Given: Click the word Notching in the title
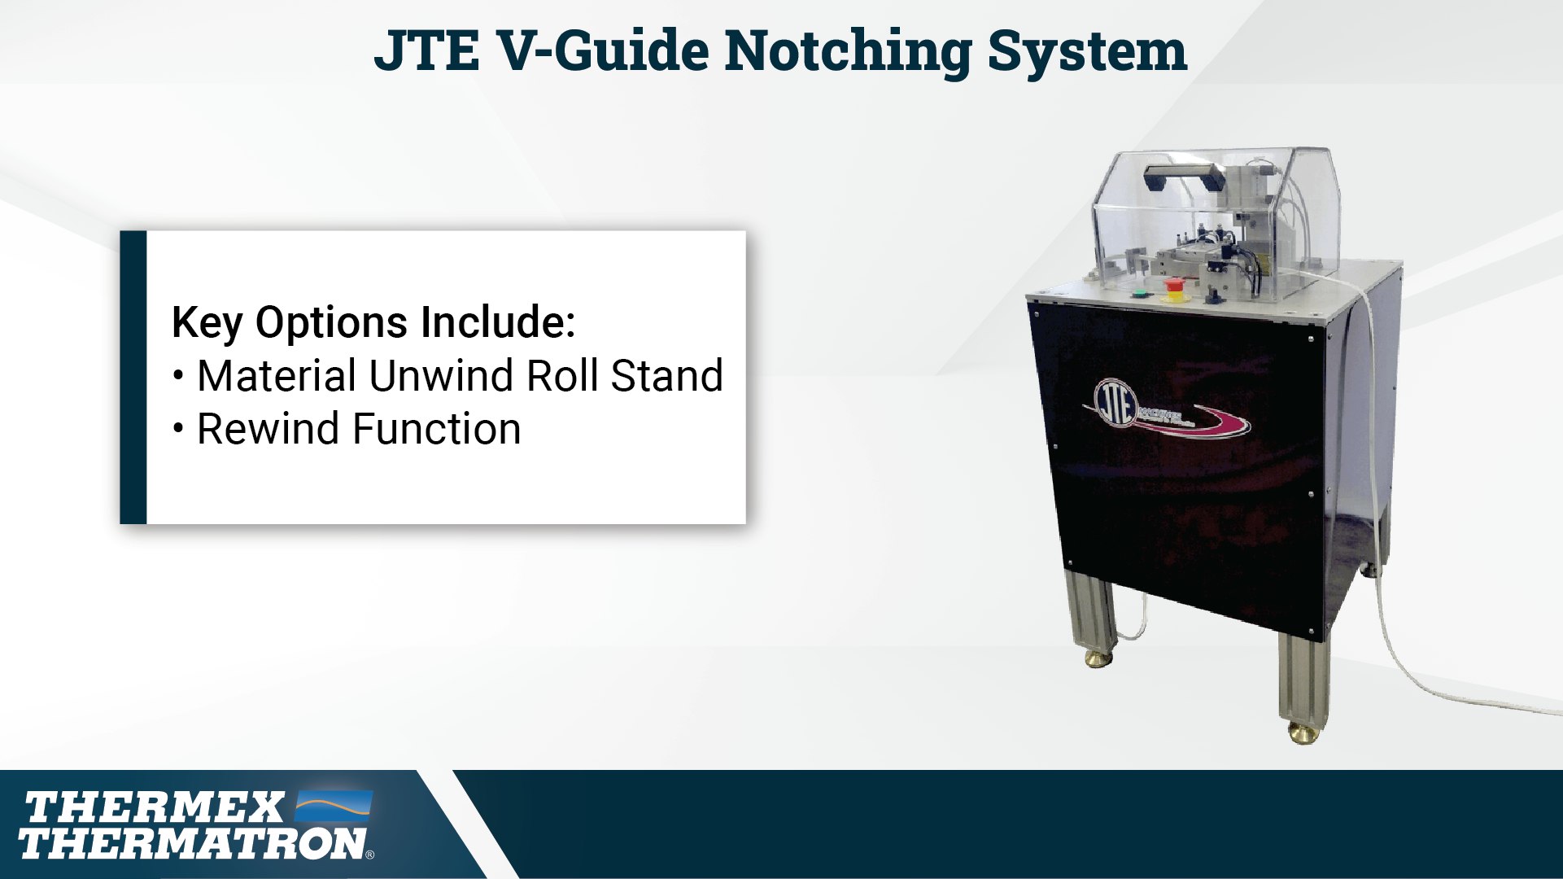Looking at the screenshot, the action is click(848, 51).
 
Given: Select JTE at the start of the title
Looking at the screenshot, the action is click(426, 50).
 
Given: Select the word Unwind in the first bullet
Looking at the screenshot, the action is click(443, 376).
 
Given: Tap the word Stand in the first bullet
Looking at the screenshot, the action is click(666, 376).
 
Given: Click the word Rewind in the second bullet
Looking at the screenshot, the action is click(269, 429).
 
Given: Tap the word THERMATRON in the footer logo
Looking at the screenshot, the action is click(192, 843).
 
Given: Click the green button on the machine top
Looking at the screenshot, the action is click(1138, 294).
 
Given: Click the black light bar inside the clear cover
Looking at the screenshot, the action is click(1180, 173).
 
